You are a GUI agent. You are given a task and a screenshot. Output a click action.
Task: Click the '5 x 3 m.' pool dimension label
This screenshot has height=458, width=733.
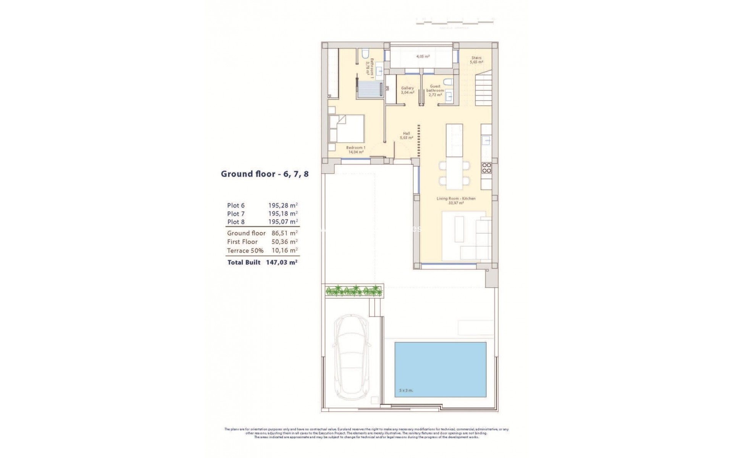pos(406,390)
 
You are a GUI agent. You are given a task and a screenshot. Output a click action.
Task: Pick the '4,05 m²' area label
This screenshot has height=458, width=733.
pos(423,56)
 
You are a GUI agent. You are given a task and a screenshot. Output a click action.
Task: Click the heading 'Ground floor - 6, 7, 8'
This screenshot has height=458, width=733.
pos(265,174)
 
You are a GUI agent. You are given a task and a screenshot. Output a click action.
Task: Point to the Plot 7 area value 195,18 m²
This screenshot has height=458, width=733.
pos(283,214)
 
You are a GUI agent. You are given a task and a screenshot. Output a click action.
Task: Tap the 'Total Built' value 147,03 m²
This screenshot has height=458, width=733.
pos(281,263)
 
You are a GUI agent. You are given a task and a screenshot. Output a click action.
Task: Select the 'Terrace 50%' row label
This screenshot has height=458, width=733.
pos(245,251)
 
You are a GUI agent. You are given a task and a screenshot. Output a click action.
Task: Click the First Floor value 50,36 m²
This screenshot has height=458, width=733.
pos(283,242)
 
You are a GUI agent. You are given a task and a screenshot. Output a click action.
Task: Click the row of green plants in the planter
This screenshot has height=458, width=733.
pos(353,291)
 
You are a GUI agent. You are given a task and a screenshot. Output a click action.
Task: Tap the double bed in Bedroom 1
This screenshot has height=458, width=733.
pos(346,129)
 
